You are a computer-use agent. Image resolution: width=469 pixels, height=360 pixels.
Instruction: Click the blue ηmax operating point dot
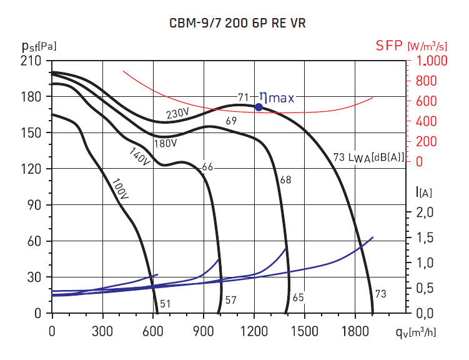(259, 107)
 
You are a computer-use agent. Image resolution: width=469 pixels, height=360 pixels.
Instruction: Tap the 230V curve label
(177, 114)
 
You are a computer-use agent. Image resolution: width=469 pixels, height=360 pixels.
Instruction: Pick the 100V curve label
(121, 188)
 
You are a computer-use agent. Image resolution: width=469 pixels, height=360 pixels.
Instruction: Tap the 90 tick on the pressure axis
(36, 205)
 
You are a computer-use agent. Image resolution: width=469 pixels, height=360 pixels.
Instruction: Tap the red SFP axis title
(411, 46)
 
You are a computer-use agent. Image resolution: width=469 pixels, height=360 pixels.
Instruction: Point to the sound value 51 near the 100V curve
(165, 304)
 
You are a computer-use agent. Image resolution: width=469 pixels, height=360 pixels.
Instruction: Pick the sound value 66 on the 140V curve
(208, 167)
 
